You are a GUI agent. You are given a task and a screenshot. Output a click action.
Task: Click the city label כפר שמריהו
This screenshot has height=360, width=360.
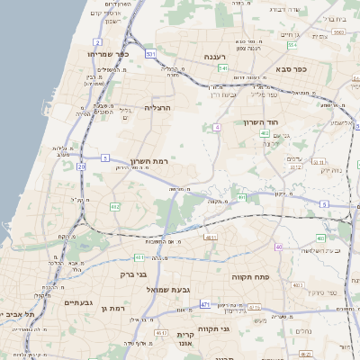tap(110, 54)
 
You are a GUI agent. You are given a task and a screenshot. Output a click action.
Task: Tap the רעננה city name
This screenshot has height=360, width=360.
tap(215, 57)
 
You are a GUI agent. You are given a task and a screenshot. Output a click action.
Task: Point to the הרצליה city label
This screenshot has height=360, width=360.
tap(157, 107)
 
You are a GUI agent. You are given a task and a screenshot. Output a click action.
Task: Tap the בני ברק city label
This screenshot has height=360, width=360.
tap(133, 274)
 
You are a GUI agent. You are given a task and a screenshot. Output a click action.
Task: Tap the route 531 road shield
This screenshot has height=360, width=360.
tap(150, 55)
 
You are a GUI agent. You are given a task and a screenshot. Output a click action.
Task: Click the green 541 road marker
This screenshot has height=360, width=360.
tap(222, 68)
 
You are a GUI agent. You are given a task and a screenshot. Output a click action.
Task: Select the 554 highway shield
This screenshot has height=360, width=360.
tap(292, 44)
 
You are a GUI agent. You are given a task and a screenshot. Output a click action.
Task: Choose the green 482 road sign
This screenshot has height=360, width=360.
tap(114, 207)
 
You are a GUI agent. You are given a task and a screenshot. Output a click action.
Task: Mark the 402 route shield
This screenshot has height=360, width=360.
tap(265, 134)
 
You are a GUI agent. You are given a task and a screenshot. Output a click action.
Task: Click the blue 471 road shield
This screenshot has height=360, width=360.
tap(205, 305)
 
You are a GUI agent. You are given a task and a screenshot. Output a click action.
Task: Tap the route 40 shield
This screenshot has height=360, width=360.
tap(279, 247)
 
